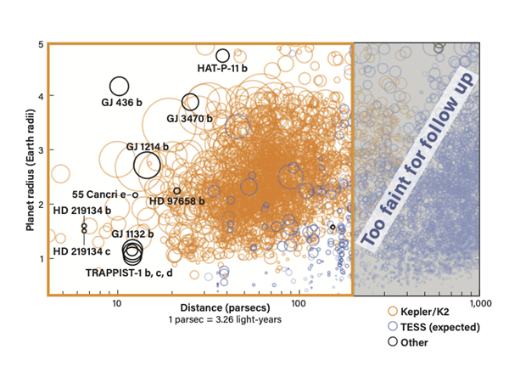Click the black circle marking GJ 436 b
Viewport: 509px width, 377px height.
pyautogui.click(x=110, y=87)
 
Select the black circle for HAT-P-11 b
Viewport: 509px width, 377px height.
pyautogui.click(x=216, y=55)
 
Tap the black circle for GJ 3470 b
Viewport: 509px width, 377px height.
pyautogui.click(x=182, y=102)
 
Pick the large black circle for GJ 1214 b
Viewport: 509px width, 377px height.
pyautogui.click(x=134, y=165)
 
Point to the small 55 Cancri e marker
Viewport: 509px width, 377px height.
pyautogui.click(x=133, y=195)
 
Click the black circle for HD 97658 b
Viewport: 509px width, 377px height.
pyautogui.click(x=174, y=191)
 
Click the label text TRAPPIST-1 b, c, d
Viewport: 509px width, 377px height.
pyautogui.click(x=129, y=273)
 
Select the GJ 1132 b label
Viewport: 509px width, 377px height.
pyautogui.click(x=132, y=234)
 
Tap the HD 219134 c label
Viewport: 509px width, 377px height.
pyautogui.click(x=81, y=251)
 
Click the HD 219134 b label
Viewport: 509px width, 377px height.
pyautogui.click(x=82, y=211)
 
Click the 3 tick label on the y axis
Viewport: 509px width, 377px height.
pyautogui.click(x=42, y=150)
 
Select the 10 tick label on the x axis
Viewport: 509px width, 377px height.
pyautogui.click(x=117, y=303)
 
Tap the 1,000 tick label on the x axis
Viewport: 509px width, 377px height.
pyautogui.click(x=481, y=303)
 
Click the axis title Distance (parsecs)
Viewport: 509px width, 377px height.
pyautogui.click(x=226, y=307)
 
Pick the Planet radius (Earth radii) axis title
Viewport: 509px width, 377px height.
pyautogui.click(x=31, y=170)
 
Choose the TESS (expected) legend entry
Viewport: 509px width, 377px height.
pyautogui.click(x=434, y=327)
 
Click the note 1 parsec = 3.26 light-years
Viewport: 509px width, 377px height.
pyautogui.click(x=225, y=319)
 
